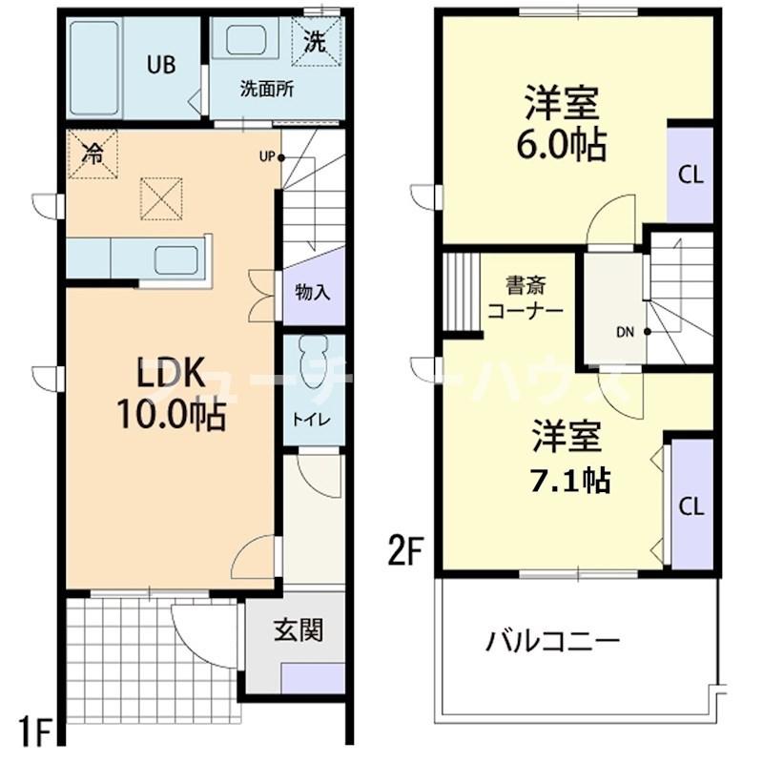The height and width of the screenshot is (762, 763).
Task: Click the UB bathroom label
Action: [159, 65]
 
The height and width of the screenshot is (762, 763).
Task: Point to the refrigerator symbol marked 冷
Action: [93, 153]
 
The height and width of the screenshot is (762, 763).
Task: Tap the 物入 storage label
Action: [314, 292]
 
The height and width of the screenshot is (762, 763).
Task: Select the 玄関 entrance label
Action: [297, 629]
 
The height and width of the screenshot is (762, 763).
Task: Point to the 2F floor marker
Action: [403, 551]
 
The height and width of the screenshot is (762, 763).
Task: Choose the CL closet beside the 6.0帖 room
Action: [691, 175]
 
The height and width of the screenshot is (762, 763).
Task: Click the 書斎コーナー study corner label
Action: [525, 298]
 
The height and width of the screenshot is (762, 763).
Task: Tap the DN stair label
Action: [626, 333]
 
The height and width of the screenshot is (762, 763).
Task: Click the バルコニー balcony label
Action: [553, 640]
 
